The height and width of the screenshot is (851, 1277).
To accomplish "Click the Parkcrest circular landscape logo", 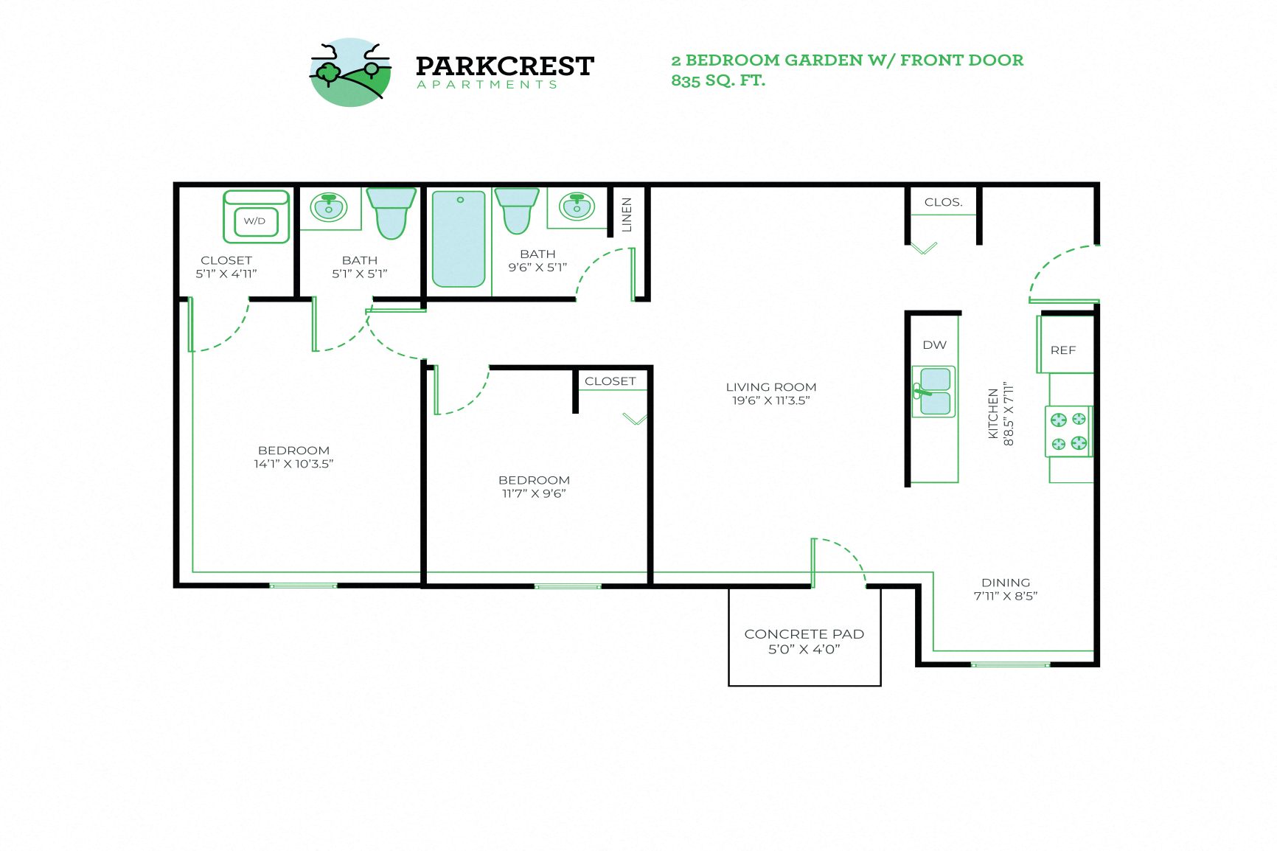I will (349, 72).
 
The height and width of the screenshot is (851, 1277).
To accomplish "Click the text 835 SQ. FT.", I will (718, 80).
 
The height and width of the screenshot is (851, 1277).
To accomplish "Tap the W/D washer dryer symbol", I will (255, 218).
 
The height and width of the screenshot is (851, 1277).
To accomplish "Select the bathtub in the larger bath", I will (459, 239).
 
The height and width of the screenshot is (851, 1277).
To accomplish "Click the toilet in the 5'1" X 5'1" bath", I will (391, 212).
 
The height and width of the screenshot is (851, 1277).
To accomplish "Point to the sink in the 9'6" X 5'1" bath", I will (577, 206).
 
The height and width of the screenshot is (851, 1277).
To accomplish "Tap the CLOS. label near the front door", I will (943, 202).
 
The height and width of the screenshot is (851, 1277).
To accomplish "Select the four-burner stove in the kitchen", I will (1068, 431).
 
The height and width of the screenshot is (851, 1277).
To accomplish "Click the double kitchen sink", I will (935, 392).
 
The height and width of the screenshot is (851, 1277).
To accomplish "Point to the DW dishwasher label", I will (934, 345).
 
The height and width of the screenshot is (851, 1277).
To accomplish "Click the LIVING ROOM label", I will (770, 387).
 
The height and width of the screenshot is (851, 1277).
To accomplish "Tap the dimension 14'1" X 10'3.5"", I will (293, 464).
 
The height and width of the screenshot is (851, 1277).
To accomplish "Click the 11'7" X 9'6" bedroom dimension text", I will (534, 493).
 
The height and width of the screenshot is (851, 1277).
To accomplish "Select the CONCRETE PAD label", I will (804, 634).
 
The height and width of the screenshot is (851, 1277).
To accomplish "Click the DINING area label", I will (1005, 583).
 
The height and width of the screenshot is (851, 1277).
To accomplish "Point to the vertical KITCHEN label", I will (993, 414).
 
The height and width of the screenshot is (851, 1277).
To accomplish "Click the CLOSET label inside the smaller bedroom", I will (610, 381).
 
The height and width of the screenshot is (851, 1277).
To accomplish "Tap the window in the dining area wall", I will (1009, 664).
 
